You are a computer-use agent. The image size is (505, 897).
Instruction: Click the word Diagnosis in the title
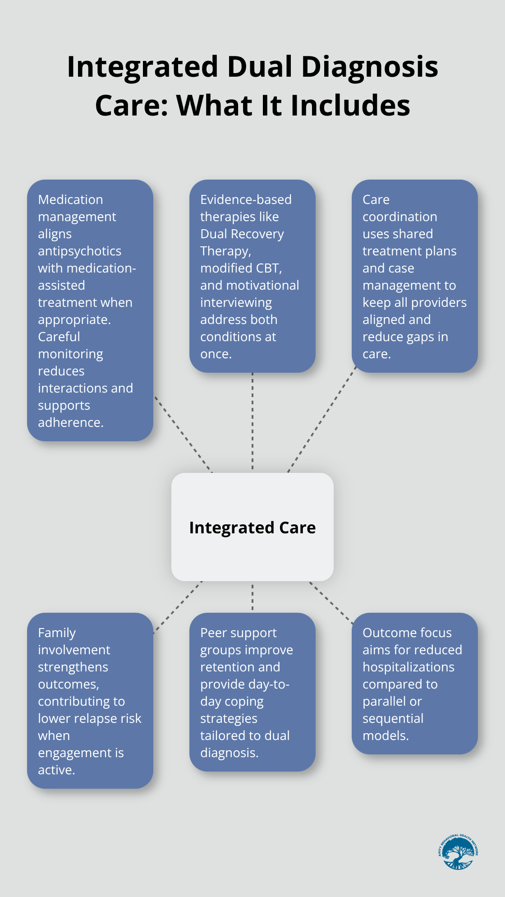[369, 67]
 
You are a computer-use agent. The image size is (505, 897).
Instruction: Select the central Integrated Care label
[252, 527]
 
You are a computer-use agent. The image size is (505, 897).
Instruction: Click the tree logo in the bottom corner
[458, 852]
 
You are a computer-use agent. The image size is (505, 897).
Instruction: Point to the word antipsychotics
[79, 251]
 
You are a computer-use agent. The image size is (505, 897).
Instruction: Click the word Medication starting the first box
[70, 199]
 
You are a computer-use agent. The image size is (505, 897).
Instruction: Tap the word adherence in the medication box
[70, 423]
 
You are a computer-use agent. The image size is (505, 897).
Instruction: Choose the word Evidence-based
[246, 199]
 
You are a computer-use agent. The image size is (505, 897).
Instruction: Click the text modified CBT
[241, 268]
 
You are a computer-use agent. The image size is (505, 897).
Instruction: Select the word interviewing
[236, 303]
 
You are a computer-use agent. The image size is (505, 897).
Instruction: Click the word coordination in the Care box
[399, 217]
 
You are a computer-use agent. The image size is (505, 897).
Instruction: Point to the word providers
[439, 303]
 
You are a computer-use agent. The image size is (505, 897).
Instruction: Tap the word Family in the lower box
[57, 633]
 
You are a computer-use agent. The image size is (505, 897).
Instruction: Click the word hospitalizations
[408, 667]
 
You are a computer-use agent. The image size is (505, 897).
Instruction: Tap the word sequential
[393, 718]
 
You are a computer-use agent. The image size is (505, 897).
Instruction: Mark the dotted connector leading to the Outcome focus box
[331, 603]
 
